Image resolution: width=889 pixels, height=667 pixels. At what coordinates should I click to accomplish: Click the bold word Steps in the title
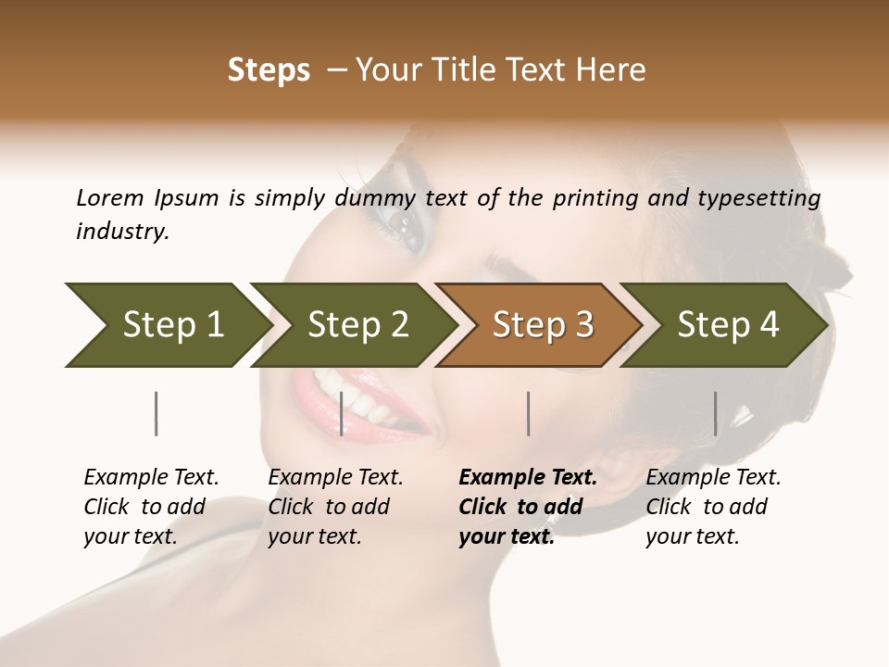point(269,70)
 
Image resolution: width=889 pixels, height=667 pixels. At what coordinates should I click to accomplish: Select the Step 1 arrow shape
point(167,325)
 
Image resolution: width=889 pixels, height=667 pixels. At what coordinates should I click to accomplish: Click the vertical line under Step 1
point(156,413)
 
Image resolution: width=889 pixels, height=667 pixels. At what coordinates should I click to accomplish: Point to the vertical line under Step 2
point(342,413)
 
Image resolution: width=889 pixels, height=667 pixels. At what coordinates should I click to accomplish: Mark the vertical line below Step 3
point(528,413)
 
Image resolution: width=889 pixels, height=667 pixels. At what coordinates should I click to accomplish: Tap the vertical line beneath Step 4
point(715,413)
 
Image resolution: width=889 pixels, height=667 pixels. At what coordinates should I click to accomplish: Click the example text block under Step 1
point(151,507)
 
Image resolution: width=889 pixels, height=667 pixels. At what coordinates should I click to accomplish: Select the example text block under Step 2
point(335,507)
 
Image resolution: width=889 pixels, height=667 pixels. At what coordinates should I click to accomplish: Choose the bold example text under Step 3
point(528,507)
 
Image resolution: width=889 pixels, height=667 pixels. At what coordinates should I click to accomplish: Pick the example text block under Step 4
point(713,507)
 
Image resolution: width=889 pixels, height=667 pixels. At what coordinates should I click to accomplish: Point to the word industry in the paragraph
point(122,232)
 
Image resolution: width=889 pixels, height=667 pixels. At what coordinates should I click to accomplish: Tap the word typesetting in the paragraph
point(768,198)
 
